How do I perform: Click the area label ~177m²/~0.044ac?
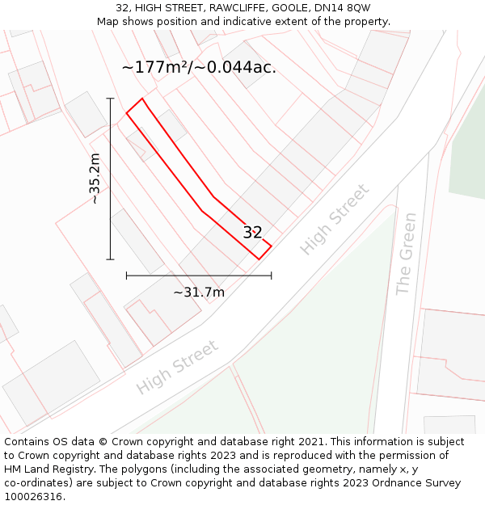(x=199, y=68)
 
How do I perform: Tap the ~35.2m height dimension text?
(x=95, y=179)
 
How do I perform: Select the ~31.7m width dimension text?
(x=199, y=292)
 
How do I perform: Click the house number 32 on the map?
(x=253, y=233)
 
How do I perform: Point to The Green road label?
(x=406, y=254)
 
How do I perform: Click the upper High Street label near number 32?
(x=335, y=220)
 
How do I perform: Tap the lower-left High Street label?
(x=177, y=368)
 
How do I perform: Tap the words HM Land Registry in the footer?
(x=43, y=469)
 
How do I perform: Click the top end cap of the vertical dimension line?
(x=110, y=99)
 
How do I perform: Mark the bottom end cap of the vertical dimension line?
(x=110, y=259)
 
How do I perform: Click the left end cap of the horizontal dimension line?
(x=126, y=276)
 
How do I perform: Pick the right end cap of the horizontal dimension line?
(x=271, y=276)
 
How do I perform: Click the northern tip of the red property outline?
(x=141, y=99)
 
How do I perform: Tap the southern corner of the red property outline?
(x=259, y=259)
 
